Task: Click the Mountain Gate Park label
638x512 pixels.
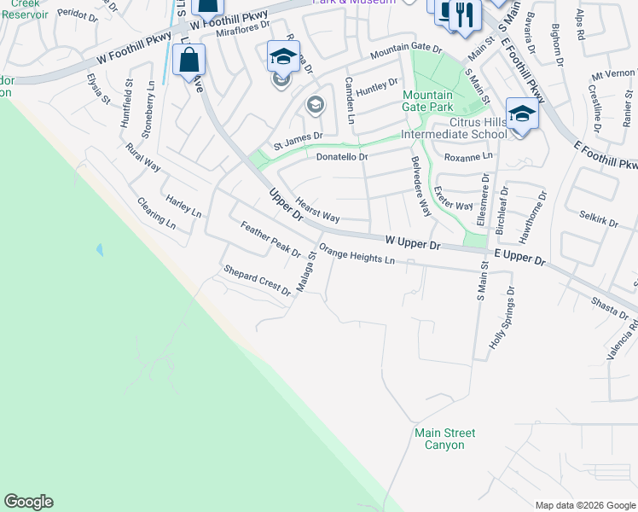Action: [x=427, y=102]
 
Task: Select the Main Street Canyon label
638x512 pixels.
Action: [x=445, y=439]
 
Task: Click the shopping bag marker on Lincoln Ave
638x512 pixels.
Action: [x=188, y=61]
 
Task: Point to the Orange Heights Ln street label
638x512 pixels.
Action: [x=357, y=254]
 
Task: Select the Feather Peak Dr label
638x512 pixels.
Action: [x=271, y=240]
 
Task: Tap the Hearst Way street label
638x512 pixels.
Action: [x=317, y=210]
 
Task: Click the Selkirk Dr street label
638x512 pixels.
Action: [x=598, y=221]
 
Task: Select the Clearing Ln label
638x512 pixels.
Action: [x=156, y=214]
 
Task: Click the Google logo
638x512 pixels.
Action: [x=28, y=502]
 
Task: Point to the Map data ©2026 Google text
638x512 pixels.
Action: [x=584, y=504]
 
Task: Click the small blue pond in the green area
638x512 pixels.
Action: [x=101, y=250]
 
